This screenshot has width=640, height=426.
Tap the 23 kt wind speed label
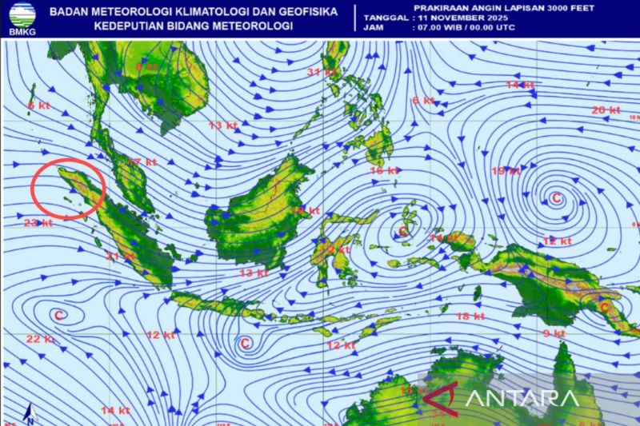(x=38, y=223)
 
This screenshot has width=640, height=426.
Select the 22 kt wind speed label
(x=39, y=339)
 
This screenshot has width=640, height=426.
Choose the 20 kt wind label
(x=606, y=110)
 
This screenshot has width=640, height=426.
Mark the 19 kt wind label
(x=506, y=171)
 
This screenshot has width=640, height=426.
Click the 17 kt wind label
(x=142, y=162)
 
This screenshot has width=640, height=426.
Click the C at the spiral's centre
(x=556, y=197)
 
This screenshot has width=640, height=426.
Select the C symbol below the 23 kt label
(x=58, y=316)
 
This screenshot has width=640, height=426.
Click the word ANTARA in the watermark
(x=519, y=398)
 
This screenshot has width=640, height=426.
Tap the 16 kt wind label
(x=385, y=171)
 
